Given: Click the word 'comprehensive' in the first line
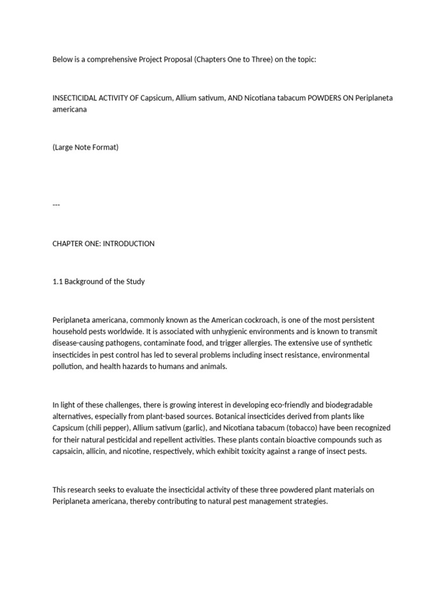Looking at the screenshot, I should coord(113,60).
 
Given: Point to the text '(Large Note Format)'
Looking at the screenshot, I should coord(86,147).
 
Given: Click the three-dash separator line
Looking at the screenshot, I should coord(56,205).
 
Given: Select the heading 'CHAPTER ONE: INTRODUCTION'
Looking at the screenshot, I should coord(104,244).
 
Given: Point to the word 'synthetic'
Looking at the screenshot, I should coord(357,343).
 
